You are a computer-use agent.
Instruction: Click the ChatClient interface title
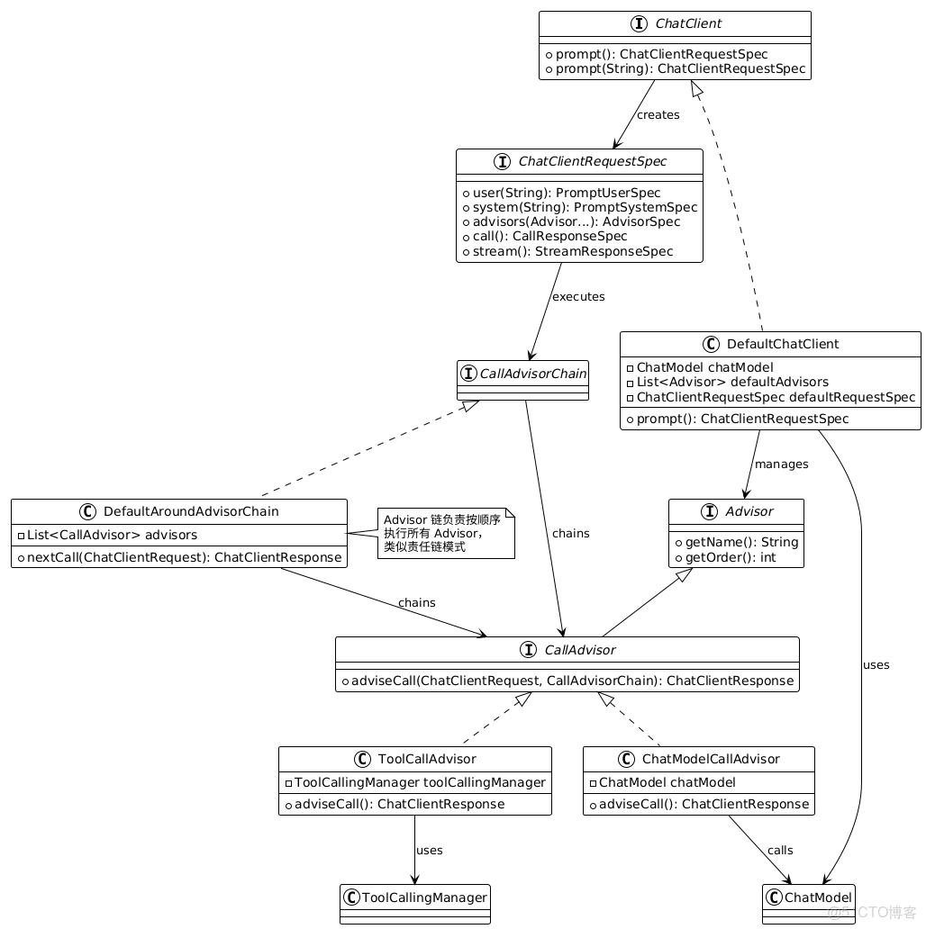pos(689,23)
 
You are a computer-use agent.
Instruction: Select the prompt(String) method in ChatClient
pos(675,68)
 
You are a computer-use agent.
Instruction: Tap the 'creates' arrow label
pos(658,114)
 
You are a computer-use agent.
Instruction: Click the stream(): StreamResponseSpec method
pos(567,251)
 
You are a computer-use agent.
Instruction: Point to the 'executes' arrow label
pos(578,296)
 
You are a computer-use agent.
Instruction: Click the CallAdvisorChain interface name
pos(532,372)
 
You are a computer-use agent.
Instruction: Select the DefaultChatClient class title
pos(782,344)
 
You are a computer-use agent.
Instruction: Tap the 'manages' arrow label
pos(781,464)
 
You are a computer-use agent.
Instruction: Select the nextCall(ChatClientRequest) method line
pos(179,557)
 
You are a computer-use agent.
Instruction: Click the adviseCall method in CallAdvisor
pos(567,681)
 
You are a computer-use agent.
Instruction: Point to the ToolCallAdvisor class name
pos(427,759)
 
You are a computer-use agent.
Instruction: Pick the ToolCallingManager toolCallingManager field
pos(414,782)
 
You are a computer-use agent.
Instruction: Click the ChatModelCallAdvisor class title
pos(711,759)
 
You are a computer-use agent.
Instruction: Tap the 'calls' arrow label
pos(780,850)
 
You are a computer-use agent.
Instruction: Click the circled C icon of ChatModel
pos(774,897)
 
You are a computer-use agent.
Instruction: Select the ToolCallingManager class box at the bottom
pos(415,903)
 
